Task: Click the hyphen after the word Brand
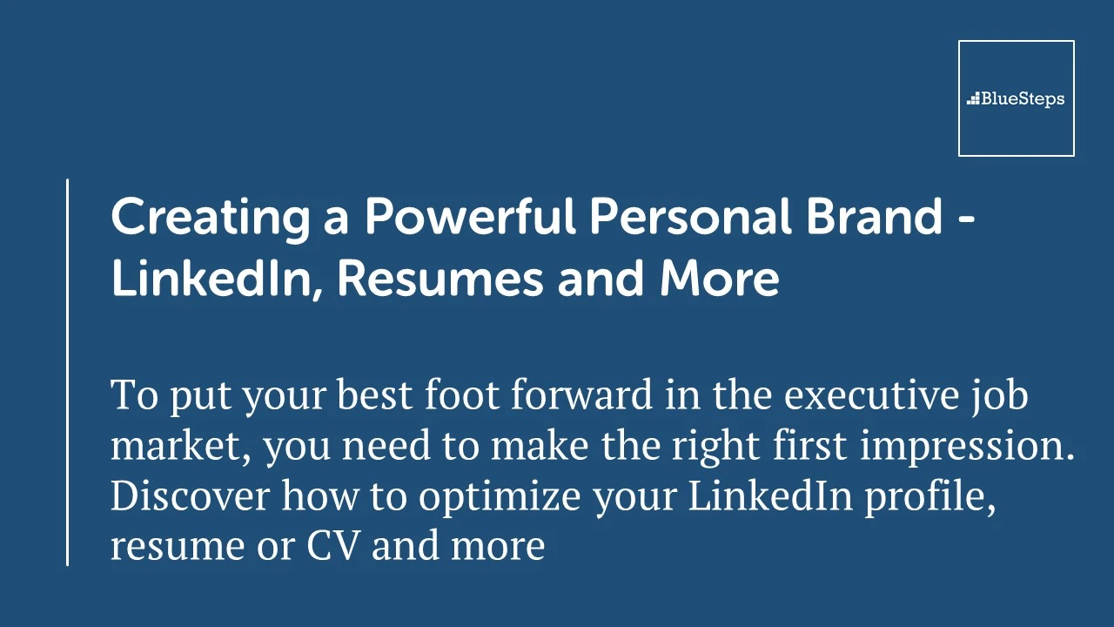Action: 965,219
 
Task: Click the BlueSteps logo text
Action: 1023,99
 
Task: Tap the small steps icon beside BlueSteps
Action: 973,98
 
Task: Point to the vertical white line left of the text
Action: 67,372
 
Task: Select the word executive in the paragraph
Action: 871,395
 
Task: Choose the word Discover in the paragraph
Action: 190,496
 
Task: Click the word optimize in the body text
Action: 500,497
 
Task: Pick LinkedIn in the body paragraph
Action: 770,496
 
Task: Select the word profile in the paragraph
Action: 930,497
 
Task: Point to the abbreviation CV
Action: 332,545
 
